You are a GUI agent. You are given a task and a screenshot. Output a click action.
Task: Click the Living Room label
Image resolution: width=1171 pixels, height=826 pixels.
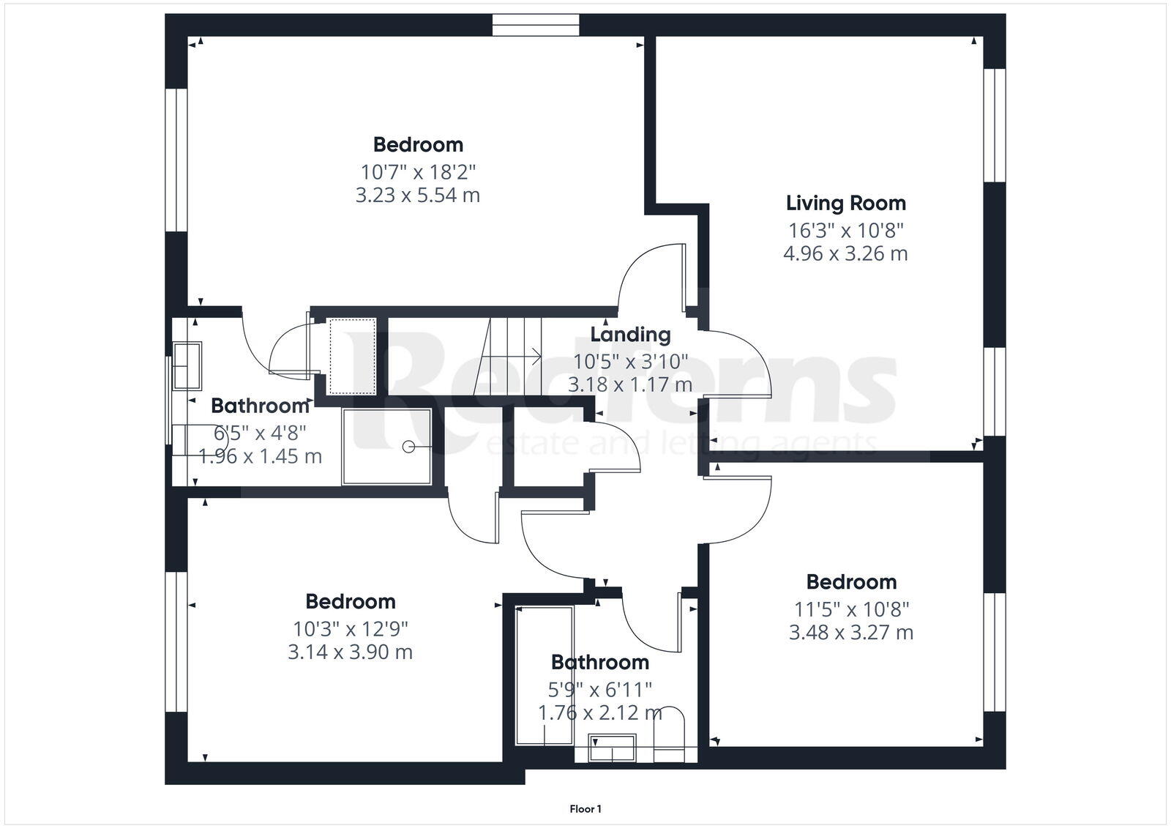point(845,203)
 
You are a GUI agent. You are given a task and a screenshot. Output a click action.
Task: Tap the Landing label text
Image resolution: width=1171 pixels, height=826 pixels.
point(630,335)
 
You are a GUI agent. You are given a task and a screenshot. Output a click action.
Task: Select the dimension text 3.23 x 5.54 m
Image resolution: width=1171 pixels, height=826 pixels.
point(417,196)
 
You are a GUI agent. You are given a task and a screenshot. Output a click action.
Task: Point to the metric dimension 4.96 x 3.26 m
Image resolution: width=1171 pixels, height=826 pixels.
point(845,254)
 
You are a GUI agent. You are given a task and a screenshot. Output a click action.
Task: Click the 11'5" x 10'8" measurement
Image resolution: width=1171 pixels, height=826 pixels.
point(851,609)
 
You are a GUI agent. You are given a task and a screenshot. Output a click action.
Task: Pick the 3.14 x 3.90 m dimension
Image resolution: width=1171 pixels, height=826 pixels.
point(350,652)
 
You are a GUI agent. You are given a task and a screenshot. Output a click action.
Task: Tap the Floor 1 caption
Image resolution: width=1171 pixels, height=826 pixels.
point(585,809)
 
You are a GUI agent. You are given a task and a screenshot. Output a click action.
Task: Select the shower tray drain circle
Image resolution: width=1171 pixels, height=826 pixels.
point(408,446)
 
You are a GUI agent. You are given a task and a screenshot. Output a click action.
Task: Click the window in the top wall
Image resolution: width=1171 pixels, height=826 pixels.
point(536,26)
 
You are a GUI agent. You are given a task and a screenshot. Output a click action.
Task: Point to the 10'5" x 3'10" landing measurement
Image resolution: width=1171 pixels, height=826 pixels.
point(630,361)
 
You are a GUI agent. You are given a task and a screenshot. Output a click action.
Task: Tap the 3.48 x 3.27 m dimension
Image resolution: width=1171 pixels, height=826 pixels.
point(851,632)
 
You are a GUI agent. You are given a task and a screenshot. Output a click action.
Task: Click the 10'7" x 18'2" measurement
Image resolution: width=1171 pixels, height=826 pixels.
point(417,172)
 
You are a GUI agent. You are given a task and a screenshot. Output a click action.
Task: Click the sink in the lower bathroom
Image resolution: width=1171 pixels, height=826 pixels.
point(611,750)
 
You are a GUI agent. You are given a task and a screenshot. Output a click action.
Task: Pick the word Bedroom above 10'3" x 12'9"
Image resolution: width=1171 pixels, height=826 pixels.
point(350,601)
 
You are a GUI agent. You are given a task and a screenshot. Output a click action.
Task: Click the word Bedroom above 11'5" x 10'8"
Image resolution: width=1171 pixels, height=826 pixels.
point(851,582)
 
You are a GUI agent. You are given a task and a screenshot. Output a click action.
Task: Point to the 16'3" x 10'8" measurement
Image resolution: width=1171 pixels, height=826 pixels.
point(845,231)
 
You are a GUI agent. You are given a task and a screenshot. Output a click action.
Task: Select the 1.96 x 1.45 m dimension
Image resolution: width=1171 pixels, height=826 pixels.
point(260,456)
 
